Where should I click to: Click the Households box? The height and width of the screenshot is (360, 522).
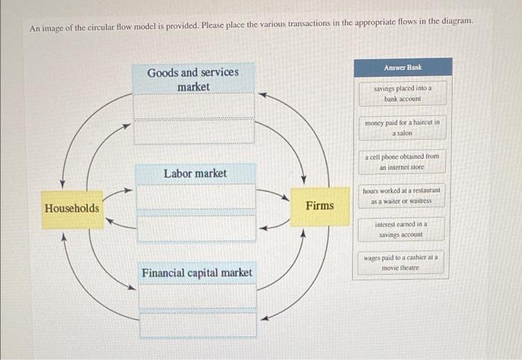pyautogui.click(x=72, y=208)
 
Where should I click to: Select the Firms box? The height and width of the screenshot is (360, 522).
pyautogui.click(x=320, y=206)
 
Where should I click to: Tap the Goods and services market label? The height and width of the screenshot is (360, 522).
pyautogui.click(x=193, y=79)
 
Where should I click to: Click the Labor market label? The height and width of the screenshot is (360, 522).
pyautogui.click(x=195, y=173)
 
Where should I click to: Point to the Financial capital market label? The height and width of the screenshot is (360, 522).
pyautogui.click(x=197, y=273)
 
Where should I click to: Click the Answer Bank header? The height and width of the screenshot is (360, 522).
pyautogui.click(x=403, y=67)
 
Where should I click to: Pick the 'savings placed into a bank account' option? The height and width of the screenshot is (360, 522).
pyautogui.click(x=403, y=93)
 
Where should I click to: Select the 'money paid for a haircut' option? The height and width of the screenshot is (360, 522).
pyautogui.click(x=403, y=127)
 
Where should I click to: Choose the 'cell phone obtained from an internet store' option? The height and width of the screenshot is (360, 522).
pyautogui.click(x=403, y=161)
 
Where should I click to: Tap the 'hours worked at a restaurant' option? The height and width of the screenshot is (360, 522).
pyautogui.click(x=403, y=195)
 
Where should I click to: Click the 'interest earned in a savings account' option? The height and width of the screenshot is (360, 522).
pyautogui.click(x=403, y=229)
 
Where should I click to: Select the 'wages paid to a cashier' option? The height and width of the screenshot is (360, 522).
pyautogui.click(x=403, y=262)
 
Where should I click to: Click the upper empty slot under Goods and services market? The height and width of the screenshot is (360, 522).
pyautogui.click(x=193, y=107)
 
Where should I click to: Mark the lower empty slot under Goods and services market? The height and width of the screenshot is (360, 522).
pyautogui.click(x=193, y=132)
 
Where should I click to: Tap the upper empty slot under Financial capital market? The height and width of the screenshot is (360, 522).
pyautogui.click(x=197, y=297)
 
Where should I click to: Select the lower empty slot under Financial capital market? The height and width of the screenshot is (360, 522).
pyautogui.click(x=197, y=324)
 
